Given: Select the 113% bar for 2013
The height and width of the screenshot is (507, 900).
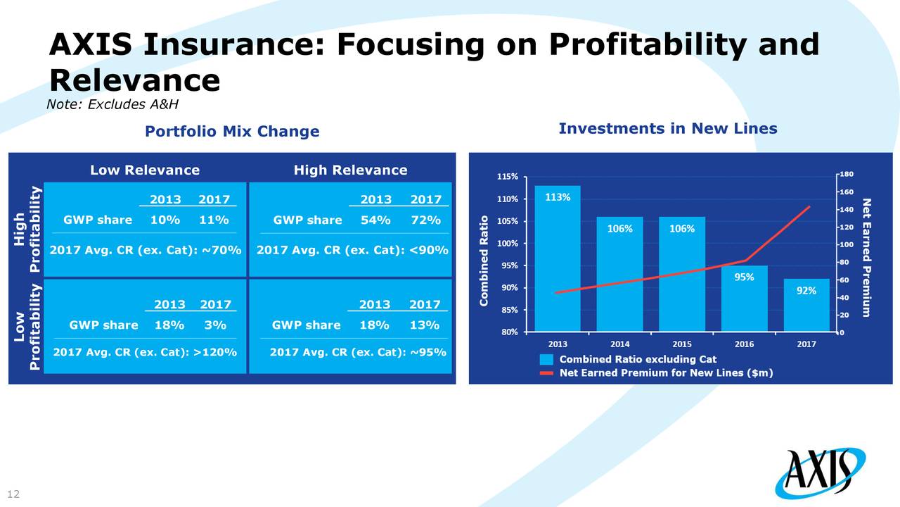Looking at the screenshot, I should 558,261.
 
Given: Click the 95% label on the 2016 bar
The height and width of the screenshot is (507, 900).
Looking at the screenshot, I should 744,277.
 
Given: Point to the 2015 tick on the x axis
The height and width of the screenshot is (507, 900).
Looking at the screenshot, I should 681,344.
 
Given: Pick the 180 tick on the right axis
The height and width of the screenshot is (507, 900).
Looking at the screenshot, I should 846,175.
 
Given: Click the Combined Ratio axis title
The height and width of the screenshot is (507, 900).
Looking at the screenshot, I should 484,260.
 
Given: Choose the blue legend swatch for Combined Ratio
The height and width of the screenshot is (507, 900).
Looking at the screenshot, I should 547,359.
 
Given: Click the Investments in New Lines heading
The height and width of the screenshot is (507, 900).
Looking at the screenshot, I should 667,128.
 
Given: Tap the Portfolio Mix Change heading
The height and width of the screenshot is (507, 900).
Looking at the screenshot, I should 231,132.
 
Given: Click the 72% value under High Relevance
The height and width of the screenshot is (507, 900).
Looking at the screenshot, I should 425,220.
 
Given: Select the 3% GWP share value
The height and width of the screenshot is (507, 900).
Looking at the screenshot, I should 215,325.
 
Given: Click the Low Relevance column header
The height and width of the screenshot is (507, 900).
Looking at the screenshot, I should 145,170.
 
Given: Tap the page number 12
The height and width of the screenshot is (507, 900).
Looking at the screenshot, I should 13,494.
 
